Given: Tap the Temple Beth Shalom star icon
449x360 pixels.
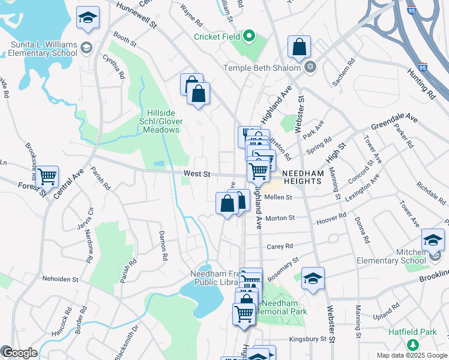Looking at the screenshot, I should pos(310,67).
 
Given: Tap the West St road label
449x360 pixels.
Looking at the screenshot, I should pos(196,174).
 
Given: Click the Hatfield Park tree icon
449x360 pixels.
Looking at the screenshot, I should pos(412,344).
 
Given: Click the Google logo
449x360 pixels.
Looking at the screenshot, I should pos(19,353).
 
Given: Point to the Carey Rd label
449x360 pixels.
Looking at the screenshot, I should pos(279,246).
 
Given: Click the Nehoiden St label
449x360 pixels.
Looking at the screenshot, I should pos(61,279).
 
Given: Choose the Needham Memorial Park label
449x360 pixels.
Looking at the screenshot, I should pos(281,307).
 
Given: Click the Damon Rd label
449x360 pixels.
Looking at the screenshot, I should pos(162,245).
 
